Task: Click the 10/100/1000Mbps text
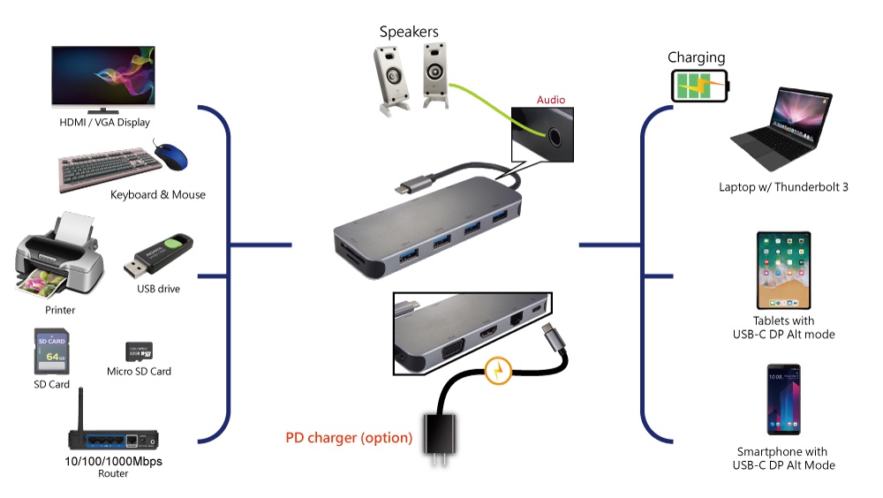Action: pyautogui.click(x=113, y=461)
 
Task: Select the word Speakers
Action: pyautogui.click(x=409, y=32)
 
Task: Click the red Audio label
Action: pyautogui.click(x=551, y=100)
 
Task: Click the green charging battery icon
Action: pyautogui.click(x=702, y=87)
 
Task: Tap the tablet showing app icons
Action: pyautogui.click(x=783, y=270)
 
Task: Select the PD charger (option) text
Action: pyautogui.click(x=349, y=437)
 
